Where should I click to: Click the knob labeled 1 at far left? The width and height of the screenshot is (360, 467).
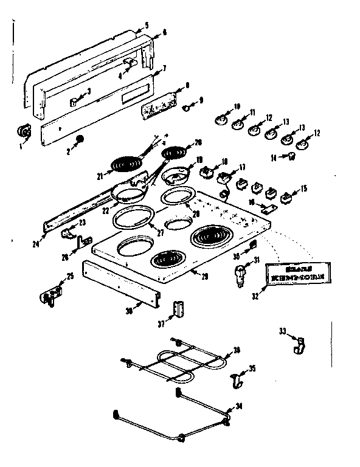[24, 131]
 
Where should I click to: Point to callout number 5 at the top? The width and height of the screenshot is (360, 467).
[146, 26]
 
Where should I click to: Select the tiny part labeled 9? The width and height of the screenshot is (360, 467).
[188, 108]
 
